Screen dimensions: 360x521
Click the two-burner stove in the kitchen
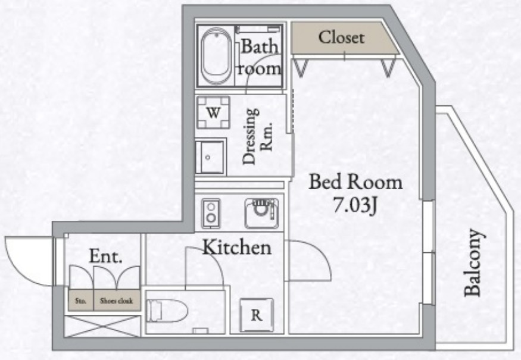211,213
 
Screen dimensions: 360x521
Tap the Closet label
341,38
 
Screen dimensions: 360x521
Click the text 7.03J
355,207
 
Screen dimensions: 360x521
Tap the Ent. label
105,257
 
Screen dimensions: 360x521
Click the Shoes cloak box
116,300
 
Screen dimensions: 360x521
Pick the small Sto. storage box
80,300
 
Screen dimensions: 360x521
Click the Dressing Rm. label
258,136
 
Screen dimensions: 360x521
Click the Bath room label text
259,57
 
